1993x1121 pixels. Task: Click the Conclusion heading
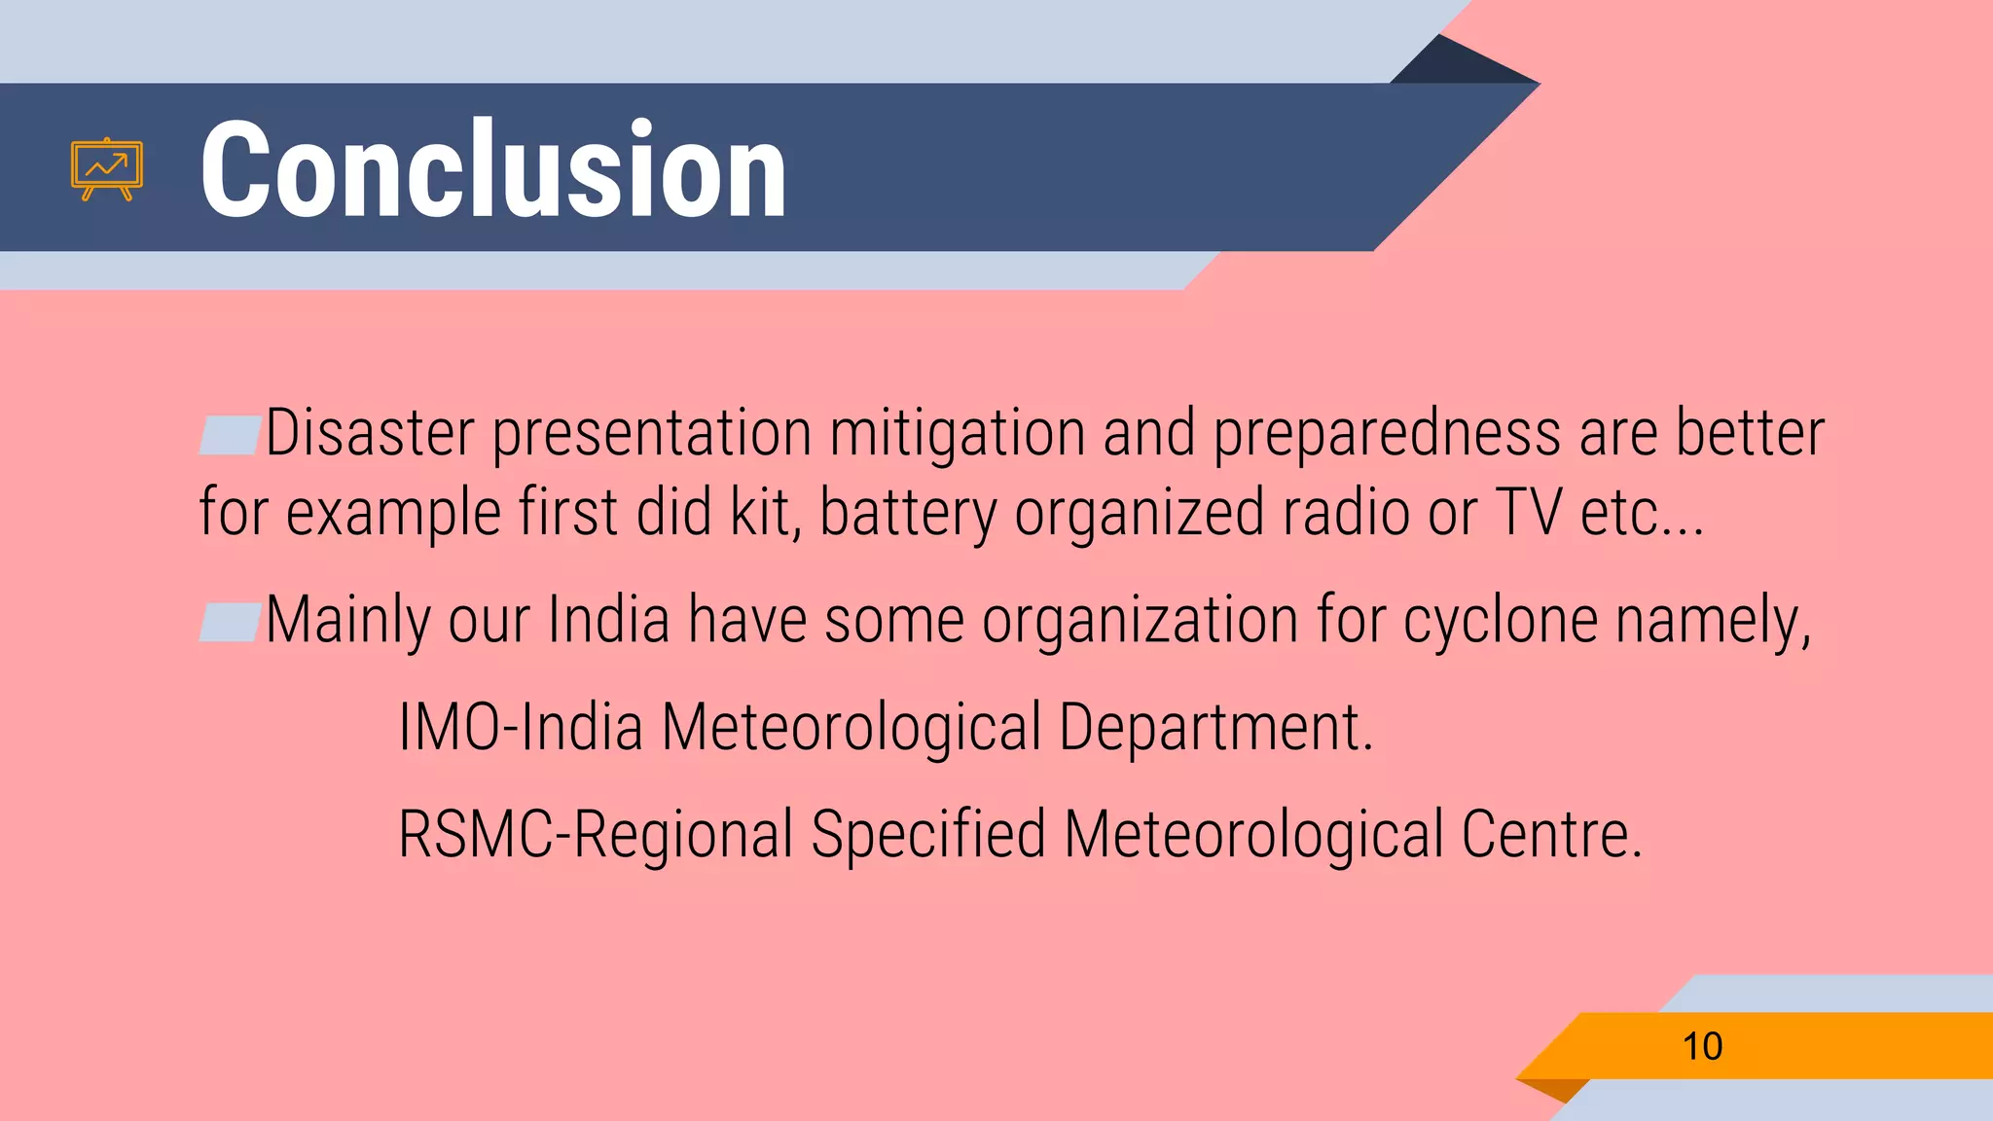[x=492, y=169]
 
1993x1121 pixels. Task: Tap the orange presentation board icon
[x=107, y=169]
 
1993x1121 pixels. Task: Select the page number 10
[x=1702, y=1047]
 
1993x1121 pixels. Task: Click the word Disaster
[x=370, y=433]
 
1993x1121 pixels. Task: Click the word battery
[x=908, y=514]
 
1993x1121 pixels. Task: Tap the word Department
[x=1214, y=728]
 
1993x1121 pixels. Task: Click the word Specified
[x=928, y=835]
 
